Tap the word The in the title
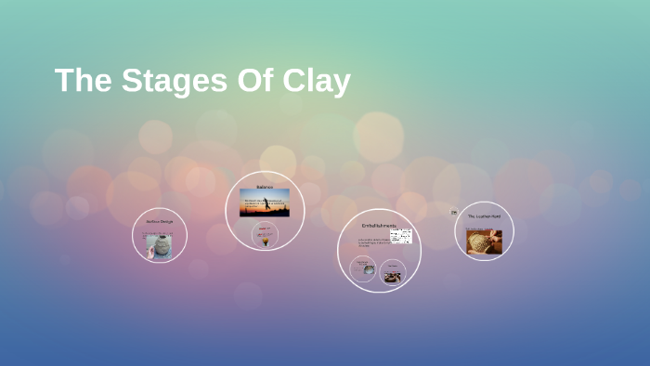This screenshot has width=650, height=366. (82, 81)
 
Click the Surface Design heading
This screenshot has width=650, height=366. (160, 222)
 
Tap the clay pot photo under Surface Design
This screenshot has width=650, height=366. (160, 245)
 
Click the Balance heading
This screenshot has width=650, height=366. (266, 187)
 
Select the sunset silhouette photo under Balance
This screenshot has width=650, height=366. (266, 203)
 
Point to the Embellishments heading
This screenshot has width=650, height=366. (379, 226)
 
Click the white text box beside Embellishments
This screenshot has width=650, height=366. (402, 236)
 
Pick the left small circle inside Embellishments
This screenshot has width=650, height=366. (363, 270)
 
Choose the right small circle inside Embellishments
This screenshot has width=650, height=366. (393, 272)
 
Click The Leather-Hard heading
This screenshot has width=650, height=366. (484, 216)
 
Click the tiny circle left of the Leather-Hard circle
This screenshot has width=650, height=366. (454, 213)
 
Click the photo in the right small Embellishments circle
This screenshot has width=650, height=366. (393, 275)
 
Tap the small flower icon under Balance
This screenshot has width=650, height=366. (266, 240)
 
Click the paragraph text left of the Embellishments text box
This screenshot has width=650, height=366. (373, 243)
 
